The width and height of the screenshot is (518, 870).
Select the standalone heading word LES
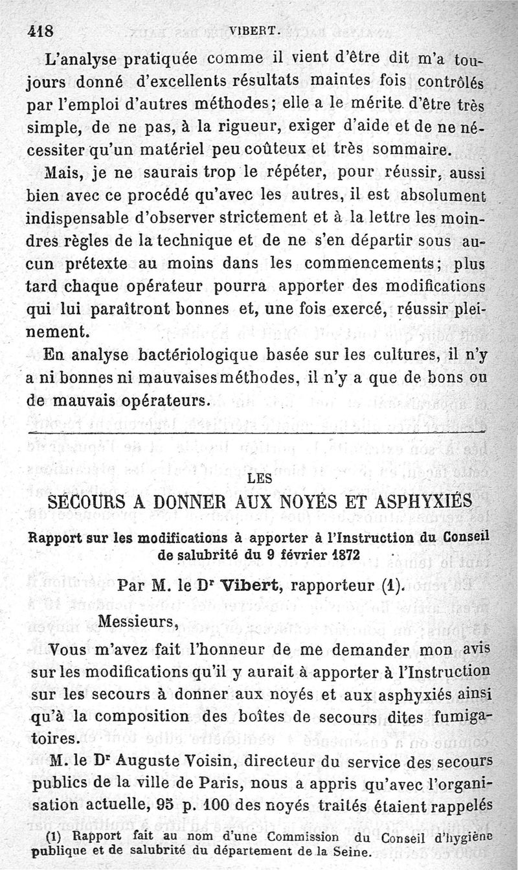[x=259, y=479]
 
